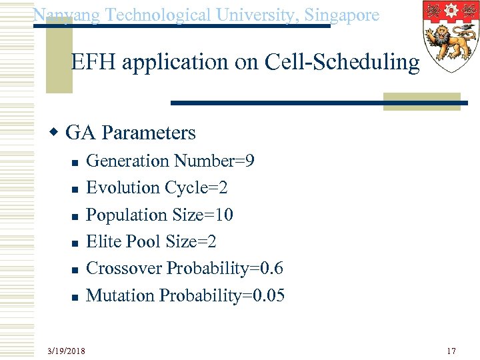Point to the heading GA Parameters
(x=131, y=133)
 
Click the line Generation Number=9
(x=171, y=161)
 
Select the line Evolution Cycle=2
(x=157, y=188)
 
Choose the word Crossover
(x=125, y=268)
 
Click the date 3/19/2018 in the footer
(x=66, y=350)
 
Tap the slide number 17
(x=451, y=350)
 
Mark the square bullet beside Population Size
(x=75, y=216)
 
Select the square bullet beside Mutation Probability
(x=75, y=296)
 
